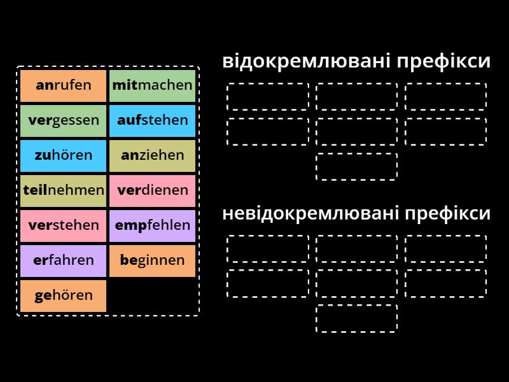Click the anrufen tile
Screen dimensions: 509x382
[63, 86]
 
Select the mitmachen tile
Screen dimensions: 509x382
[152, 86]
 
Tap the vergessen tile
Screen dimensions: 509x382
[63, 121]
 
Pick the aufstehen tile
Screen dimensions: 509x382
[152, 121]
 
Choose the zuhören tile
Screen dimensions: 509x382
[63, 156]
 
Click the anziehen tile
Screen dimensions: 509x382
[152, 156]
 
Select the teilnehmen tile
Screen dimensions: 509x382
[63, 191]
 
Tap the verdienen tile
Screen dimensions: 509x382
[152, 191]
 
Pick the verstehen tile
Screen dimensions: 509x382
[63, 226]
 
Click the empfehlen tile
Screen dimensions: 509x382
[152, 226]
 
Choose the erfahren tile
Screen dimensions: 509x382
[63, 261]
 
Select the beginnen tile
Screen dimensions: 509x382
[152, 261]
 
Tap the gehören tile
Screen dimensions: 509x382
[63, 296]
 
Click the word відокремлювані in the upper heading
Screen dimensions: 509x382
[307, 61]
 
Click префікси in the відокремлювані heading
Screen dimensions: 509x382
[443, 61]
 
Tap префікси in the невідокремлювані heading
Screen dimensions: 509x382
[448, 214]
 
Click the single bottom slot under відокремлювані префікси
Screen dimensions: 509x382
[356, 166]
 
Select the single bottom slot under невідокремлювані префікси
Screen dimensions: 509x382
[356, 318]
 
